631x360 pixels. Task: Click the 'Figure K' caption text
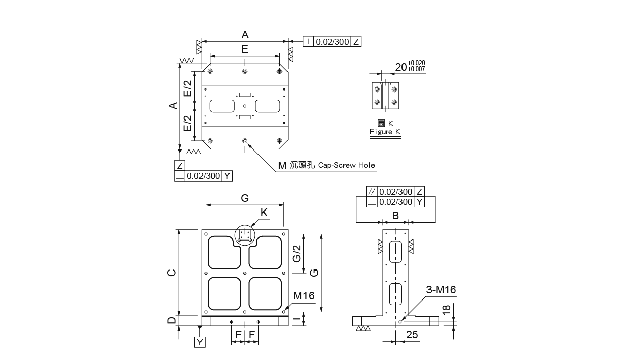(x=385, y=132)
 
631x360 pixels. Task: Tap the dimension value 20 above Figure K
(x=401, y=67)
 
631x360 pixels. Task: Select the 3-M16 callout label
(x=441, y=290)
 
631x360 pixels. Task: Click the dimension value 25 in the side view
(x=412, y=335)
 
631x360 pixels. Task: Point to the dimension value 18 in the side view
(x=447, y=309)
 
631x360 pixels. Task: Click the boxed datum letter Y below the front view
(x=200, y=342)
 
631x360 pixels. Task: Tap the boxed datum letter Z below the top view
(x=180, y=165)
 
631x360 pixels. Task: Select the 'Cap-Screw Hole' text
(x=346, y=165)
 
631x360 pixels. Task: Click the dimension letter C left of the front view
(x=171, y=273)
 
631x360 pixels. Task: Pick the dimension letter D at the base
(x=171, y=320)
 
